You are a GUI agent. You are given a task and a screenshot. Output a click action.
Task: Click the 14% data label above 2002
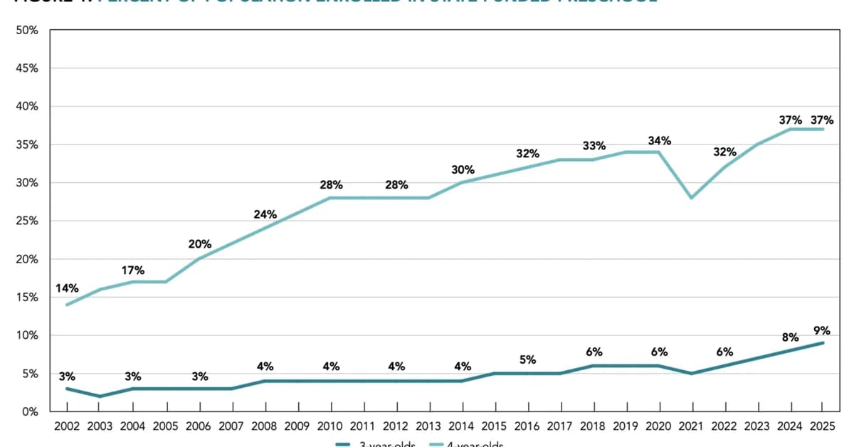[67, 288]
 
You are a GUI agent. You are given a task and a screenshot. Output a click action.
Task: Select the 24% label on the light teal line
[265, 214]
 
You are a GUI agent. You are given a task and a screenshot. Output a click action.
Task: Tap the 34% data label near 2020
[659, 141]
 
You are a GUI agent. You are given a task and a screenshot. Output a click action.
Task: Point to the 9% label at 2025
[823, 330]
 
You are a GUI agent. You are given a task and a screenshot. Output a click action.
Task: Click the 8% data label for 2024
[790, 337]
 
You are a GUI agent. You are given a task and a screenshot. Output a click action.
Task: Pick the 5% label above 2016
[527, 359]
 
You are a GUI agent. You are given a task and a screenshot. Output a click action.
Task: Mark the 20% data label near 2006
[199, 243]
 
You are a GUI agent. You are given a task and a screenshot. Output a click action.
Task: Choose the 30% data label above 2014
[462, 169]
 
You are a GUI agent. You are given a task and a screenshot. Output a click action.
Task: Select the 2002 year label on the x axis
[67, 426]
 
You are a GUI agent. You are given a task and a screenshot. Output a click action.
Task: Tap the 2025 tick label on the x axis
[823, 426]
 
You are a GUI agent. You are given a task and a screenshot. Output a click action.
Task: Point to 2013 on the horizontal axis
[429, 426]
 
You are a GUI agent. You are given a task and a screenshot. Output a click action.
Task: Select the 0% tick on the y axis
[30, 411]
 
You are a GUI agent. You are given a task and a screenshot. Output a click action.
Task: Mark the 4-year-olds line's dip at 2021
[692, 198]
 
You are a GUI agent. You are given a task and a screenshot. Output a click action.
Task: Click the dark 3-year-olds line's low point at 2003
[100, 396]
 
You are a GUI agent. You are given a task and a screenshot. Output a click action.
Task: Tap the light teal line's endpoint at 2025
[823, 129]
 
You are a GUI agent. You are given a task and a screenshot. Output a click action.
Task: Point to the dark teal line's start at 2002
[67, 389]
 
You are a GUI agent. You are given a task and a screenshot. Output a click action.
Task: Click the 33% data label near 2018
[594, 146]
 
